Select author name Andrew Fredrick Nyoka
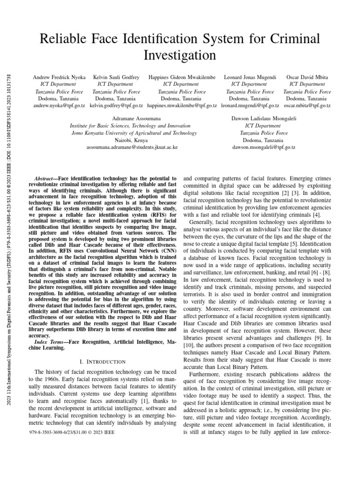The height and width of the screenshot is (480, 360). click(x=59, y=77)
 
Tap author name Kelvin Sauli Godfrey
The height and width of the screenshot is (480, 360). click(x=116, y=77)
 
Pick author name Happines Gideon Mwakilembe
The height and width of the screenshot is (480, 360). click(x=182, y=77)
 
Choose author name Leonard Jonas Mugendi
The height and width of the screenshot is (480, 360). click(x=250, y=77)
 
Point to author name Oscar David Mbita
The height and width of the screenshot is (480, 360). click(x=307, y=77)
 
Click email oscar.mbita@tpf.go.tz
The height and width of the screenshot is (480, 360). click(x=307, y=106)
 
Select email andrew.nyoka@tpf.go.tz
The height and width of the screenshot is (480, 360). click(x=59, y=106)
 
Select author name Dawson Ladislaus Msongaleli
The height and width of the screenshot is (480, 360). click(x=264, y=119)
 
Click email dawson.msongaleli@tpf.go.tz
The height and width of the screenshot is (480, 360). click(x=264, y=147)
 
